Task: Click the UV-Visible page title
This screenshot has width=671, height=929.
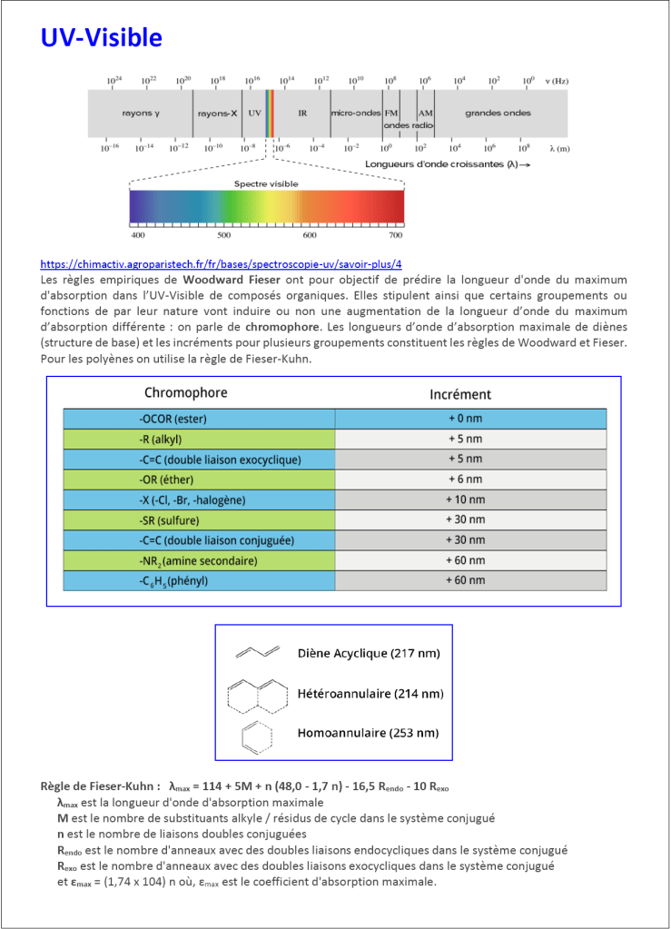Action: (101, 38)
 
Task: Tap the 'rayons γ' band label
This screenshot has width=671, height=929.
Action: (141, 114)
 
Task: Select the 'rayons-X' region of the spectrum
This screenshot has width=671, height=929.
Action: (217, 114)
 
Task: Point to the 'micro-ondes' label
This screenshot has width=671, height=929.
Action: (356, 114)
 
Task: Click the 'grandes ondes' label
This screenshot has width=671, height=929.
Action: (498, 114)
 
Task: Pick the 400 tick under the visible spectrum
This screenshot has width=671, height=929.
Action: (138, 235)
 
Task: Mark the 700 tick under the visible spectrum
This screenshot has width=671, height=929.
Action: (395, 235)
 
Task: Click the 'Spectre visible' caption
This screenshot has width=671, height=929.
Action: (266, 183)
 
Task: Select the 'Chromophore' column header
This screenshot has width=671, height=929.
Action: (186, 393)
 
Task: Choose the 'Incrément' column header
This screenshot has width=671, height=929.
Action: (459, 394)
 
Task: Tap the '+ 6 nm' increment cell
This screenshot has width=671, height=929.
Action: (469, 479)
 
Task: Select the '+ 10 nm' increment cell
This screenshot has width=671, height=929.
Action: (469, 499)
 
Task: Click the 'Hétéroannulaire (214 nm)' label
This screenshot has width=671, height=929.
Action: (370, 694)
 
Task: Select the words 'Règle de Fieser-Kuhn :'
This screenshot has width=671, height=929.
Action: (101, 786)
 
